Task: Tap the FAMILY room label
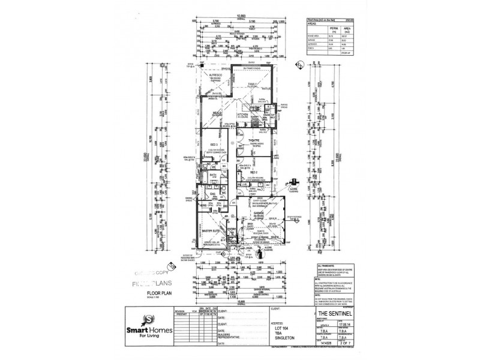coord(253,85)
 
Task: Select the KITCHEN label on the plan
coord(244,113)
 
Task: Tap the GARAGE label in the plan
coord(259,213)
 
